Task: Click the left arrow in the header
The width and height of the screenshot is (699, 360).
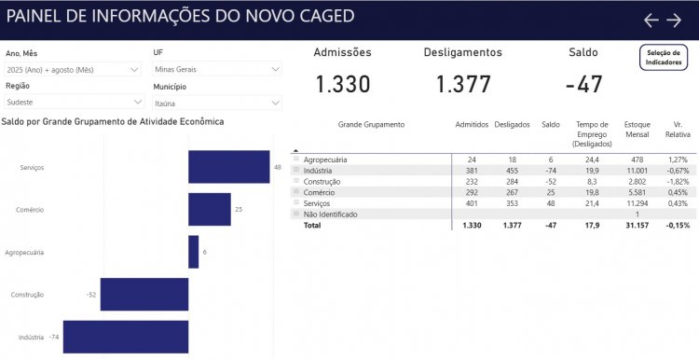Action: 651,20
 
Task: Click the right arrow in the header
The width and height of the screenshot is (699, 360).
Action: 674,20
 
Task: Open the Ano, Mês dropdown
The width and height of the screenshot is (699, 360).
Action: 72,69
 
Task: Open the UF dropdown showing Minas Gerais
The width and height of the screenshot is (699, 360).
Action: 216,69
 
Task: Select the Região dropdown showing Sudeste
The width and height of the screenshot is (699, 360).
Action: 72,103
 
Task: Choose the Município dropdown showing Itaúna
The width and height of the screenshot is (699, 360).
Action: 216,103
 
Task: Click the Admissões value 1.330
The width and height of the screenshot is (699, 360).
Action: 342,85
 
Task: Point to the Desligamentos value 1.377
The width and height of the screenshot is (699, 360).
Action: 462,85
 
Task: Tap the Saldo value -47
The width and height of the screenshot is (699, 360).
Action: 583,85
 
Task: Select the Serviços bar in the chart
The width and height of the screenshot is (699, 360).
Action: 228,167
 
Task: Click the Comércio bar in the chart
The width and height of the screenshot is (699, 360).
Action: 209,210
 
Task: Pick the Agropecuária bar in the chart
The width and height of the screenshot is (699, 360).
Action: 193,252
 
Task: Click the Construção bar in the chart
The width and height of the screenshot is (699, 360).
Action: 144,294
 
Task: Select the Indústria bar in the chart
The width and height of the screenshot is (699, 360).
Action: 126,337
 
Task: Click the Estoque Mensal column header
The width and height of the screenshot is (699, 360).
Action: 638,129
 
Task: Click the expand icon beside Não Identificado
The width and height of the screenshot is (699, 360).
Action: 296,214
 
